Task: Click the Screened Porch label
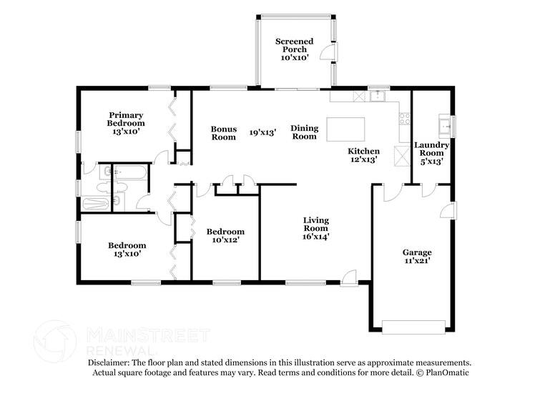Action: [295, 49]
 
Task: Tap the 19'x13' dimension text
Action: [262, 132]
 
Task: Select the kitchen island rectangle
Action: [345, 129]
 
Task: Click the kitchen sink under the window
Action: [376, 96]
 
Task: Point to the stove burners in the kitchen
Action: [405, 119]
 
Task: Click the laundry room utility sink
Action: [445, 125]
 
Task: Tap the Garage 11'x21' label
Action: [417, 257]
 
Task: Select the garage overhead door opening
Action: [413, 327]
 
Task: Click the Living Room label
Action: [315, 228]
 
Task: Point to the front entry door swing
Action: [349, 277]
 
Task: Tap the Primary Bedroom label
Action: [126, 123]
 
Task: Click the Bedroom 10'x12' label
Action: [225, 235]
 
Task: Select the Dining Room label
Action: [305, 132]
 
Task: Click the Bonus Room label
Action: [224, 133]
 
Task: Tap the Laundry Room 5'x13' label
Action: [431, 153]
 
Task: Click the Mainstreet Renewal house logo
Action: [54, 342]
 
